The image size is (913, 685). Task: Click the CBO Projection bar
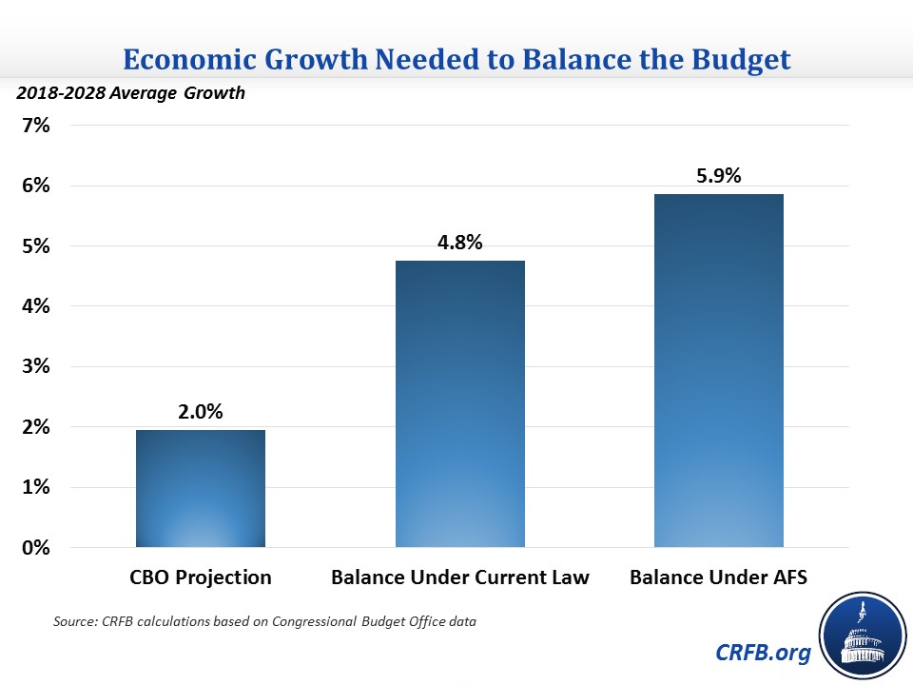click(x=201, y=489)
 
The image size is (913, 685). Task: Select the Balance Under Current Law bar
click(x=459, y=404)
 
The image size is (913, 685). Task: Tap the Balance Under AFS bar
click(x=718, y=371)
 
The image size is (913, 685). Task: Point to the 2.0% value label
click(x=201, y=413)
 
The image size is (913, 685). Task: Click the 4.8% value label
click(x=459, y=243)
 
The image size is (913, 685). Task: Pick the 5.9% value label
click(x=718, y=176)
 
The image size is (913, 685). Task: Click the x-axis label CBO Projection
click(x=201, y=577)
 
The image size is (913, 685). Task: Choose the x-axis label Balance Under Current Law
click(x=459, y=577)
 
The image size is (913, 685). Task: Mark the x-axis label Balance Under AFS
click(x=718, y=577)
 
